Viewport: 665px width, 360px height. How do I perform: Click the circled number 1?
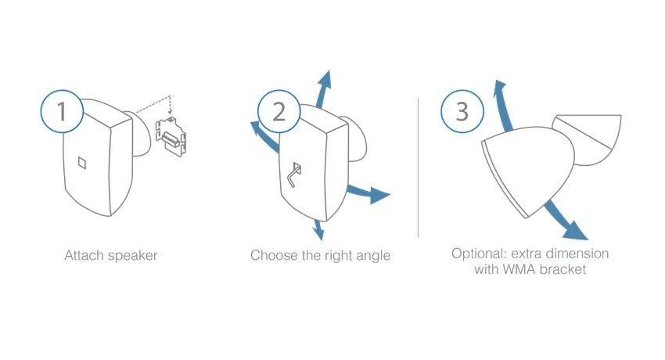(x=62, y=111)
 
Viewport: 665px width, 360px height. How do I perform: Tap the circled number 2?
(x=279, y=111)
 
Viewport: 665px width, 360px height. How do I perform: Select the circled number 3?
(x=462, y=111)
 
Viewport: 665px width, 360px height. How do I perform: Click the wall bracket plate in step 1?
(x=171, y=136)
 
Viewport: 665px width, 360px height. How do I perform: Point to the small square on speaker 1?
(x=82, y=163)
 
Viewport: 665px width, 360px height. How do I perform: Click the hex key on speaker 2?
(x=294, y=175)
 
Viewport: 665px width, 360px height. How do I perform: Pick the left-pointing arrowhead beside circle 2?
(x=257, y=128)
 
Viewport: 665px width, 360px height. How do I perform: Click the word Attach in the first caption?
(x=84, y=255)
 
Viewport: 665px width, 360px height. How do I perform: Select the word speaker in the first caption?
(x=132, y=256)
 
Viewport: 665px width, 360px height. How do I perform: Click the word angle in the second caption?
(x=373, y=256)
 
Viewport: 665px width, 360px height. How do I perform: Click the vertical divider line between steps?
(x=419, y=168)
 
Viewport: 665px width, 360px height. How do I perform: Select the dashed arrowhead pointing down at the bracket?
(x=170, y=113)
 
